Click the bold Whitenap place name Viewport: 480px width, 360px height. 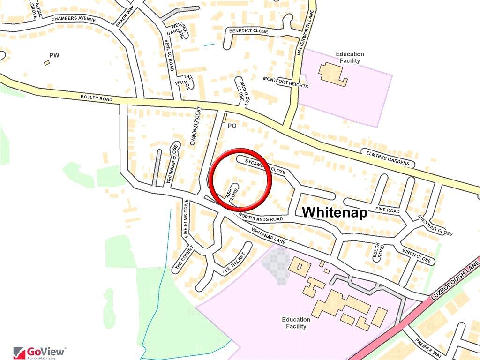click(334, 212)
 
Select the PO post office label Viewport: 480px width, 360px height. click(232, 126)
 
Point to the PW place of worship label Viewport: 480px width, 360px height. click(54, 55)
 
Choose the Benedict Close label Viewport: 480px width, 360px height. click(248, 31)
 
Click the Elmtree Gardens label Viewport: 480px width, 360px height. click(388, 158)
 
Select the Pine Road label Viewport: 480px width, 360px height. click(387, 210)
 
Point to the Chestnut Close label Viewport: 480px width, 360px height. click(435, 225)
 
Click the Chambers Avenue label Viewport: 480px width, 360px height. click(74, 19)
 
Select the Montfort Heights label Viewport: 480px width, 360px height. click(285, 82)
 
